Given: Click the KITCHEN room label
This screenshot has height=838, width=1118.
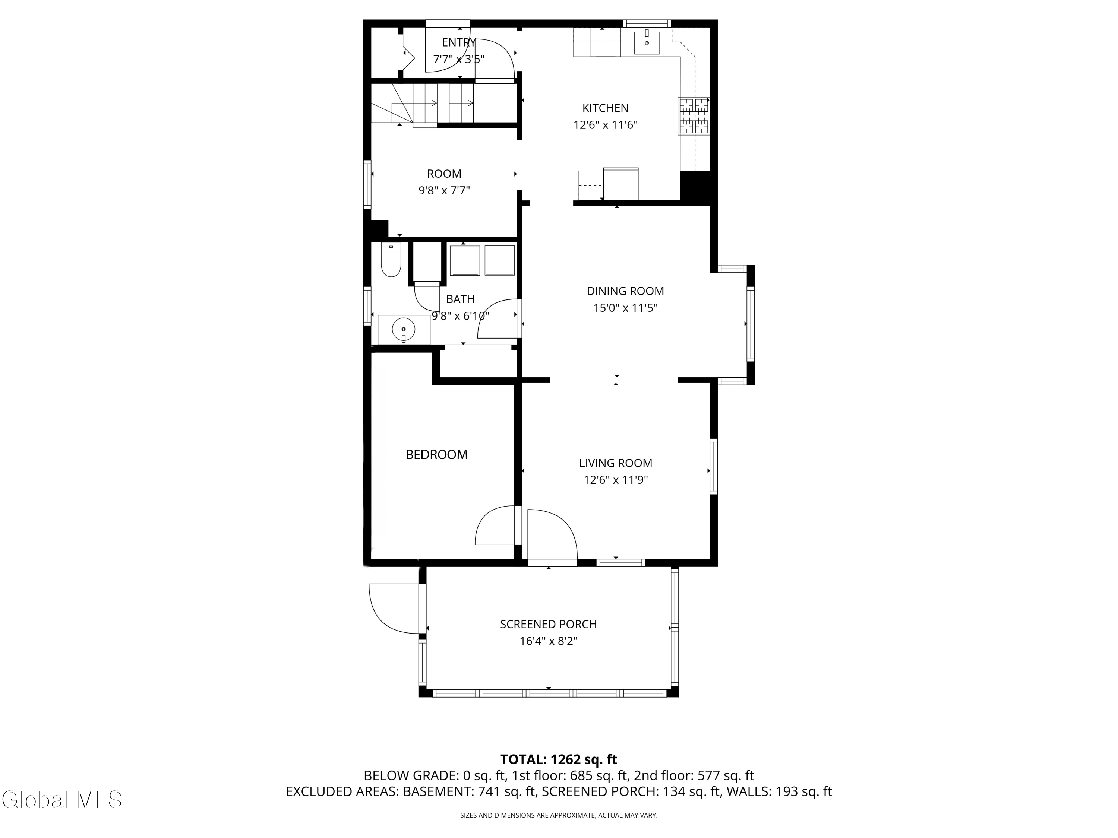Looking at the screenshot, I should coord(605,108).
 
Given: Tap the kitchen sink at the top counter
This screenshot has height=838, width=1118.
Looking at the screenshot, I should coord(647,43).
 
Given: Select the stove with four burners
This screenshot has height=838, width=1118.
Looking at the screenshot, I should coord(694,116).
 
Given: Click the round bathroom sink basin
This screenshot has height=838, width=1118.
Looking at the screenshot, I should coord(403,329).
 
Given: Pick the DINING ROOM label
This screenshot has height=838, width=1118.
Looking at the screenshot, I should coord(625,291).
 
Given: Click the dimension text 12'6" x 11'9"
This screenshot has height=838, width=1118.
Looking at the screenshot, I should coord(616,480).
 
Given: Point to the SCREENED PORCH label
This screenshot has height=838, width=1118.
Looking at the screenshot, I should coord(549,624).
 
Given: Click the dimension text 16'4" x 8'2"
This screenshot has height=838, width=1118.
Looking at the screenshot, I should coord(549,641).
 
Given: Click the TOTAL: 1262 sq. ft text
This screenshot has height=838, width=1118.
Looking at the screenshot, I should coord(559,760).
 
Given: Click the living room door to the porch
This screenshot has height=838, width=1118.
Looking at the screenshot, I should coord(552,536).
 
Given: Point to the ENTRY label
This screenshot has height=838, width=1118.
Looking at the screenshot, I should coord(458,42).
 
